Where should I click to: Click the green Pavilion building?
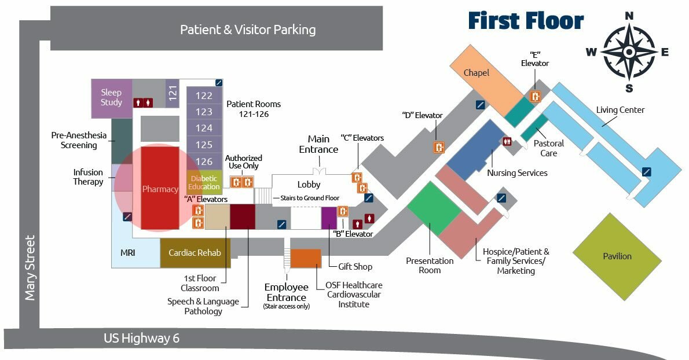click(617, 256)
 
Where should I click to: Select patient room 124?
click(204, 128)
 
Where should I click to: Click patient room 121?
click(173, 93)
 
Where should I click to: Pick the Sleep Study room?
click(111, 97)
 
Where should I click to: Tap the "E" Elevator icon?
click(536, 97)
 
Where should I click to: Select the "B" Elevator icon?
click(343, 211)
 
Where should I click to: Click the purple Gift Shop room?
click(329, 217)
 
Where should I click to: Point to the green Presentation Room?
click(434, 208)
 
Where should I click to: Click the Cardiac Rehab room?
click(195, 253)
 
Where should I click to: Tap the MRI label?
click(128, 253)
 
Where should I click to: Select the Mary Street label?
click(30, 267)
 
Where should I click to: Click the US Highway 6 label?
click(141, 338)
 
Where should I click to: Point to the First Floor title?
click(526, 21)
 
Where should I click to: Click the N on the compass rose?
click(629, 16)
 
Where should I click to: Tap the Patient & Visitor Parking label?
click(248, 30)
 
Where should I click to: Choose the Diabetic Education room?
click(204, 182)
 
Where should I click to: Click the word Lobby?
click(309, 185)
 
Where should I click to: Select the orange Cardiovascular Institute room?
click(305, 258)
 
